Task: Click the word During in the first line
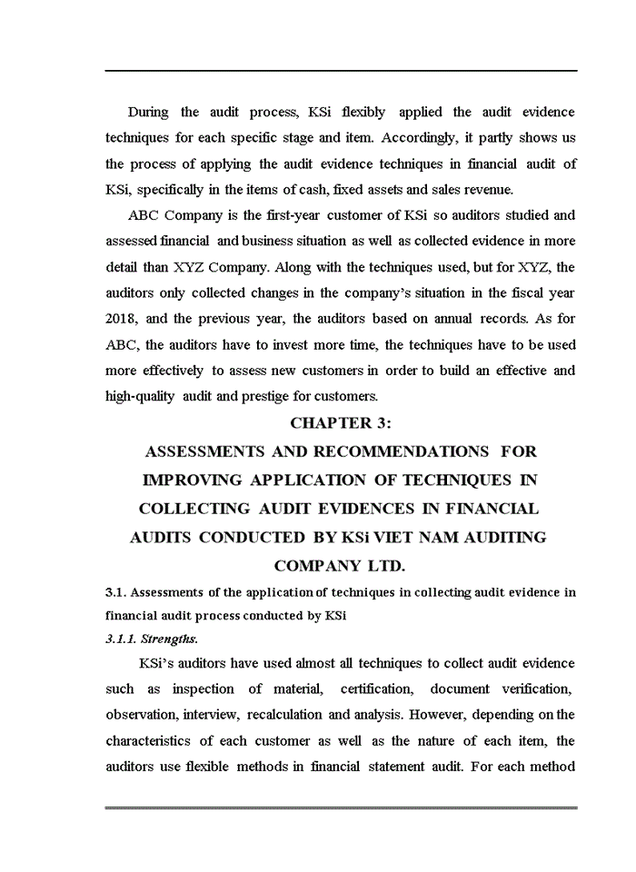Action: coord(148,112)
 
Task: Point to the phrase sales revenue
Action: coord(476,189)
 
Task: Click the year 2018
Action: coord(124,319)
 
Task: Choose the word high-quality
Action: coord(140,397)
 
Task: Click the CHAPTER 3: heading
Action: coord(340,423)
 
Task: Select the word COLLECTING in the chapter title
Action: coord(186,509)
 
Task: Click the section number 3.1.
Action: coord(115,592)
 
